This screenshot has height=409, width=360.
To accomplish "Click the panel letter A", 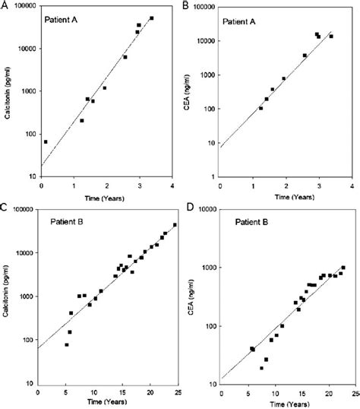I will (x=5, y=5).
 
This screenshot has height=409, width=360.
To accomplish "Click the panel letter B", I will (x=187, y=5).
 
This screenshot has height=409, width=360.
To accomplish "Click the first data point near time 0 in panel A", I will (x=46, y=141).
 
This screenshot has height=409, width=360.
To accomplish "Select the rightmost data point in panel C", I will (x=175, y=225).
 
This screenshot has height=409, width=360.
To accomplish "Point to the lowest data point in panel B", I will (x=261, y=108).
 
